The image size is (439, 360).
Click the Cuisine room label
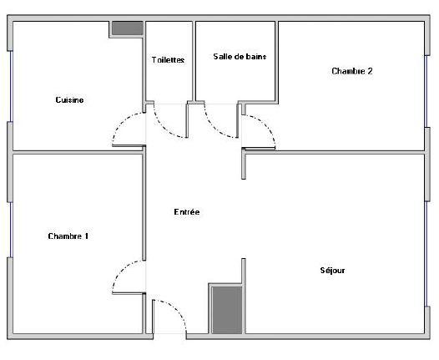pyautogui.click(x=69, y=100)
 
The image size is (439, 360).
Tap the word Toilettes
pyautogui.click(x=168, y=59)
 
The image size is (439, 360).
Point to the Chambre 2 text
pyautogui.click(x=351, y=71)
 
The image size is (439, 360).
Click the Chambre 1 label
pyautogui.click(x=68, y=236)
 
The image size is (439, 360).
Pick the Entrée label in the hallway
pyautogui.click(x=186, y=212)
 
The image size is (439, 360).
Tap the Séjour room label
pyautogui.click(x=332, y=271)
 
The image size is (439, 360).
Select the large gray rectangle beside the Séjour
pyautogui.click(x=225, y=309)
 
